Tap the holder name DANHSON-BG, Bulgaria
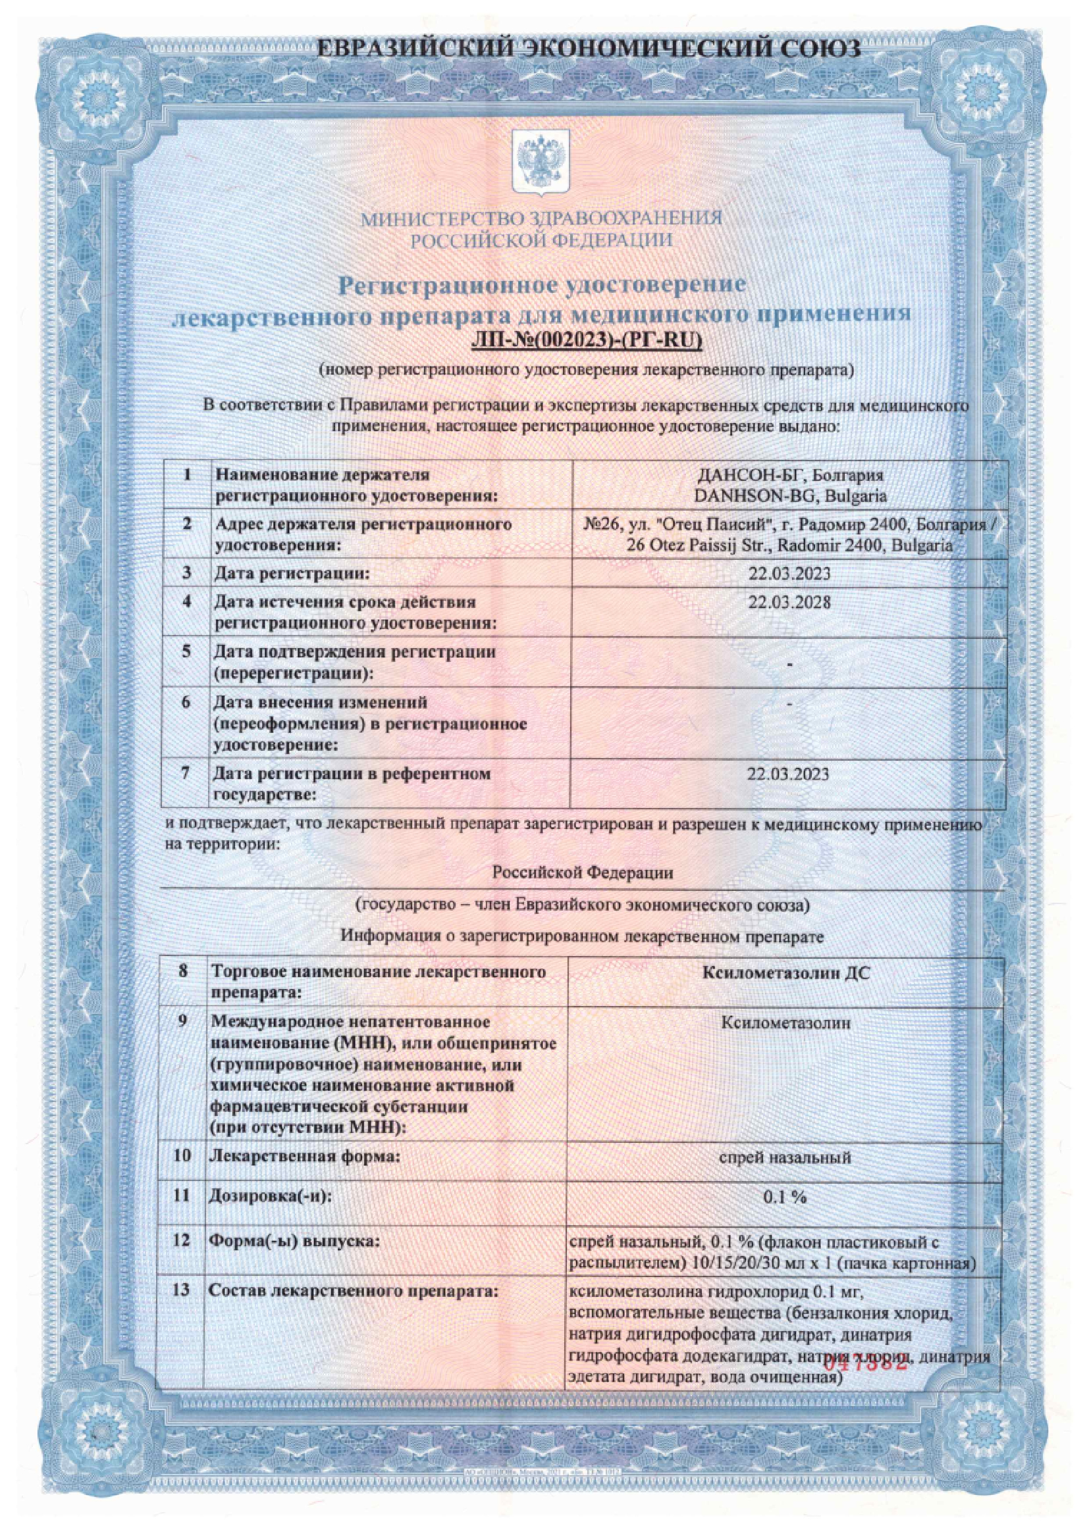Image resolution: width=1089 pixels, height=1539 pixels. [790, 497]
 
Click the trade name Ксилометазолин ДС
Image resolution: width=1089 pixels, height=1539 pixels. [786, 972]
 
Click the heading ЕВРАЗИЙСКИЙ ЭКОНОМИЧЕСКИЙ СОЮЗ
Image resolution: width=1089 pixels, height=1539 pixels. [587, 51]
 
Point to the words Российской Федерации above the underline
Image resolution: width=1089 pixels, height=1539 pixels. [583, 872]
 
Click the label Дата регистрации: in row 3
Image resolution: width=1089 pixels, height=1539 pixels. [292, 574]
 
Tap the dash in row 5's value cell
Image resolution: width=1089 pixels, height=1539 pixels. [791, 663]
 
